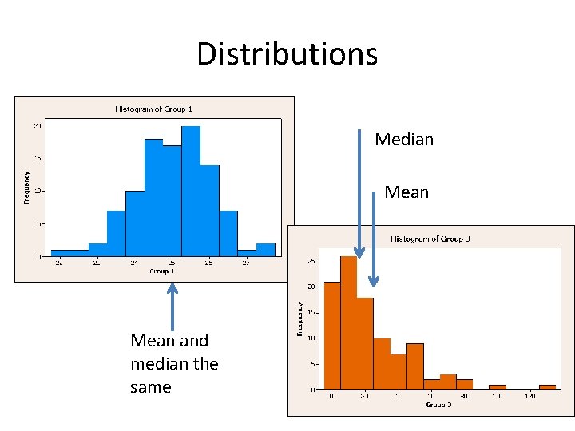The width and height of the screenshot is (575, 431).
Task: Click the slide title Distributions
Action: point(287,54)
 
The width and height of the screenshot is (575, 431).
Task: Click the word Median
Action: point(404,140)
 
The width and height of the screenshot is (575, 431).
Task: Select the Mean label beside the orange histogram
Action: point(406,192)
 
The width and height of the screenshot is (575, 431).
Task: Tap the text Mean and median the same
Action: point(174,364)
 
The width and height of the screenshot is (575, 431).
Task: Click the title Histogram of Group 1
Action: point(153,109)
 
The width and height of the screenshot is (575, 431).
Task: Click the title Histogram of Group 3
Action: point(430,239)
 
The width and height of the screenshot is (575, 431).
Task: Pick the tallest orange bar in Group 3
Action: point(348,322)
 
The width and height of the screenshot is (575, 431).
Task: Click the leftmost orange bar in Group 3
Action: point(332,335)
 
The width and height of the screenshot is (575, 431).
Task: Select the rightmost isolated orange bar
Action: point(547,387)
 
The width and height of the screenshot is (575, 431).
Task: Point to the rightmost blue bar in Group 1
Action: point(266,250)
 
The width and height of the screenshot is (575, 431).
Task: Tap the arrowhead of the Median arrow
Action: point(359,253)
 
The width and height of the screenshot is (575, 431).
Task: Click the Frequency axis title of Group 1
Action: point(26,186)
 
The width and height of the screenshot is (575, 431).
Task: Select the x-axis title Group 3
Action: point(438,405)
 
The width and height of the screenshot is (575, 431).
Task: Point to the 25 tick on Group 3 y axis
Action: point(311,260)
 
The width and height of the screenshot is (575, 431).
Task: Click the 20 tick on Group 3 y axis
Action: point(311,287)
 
